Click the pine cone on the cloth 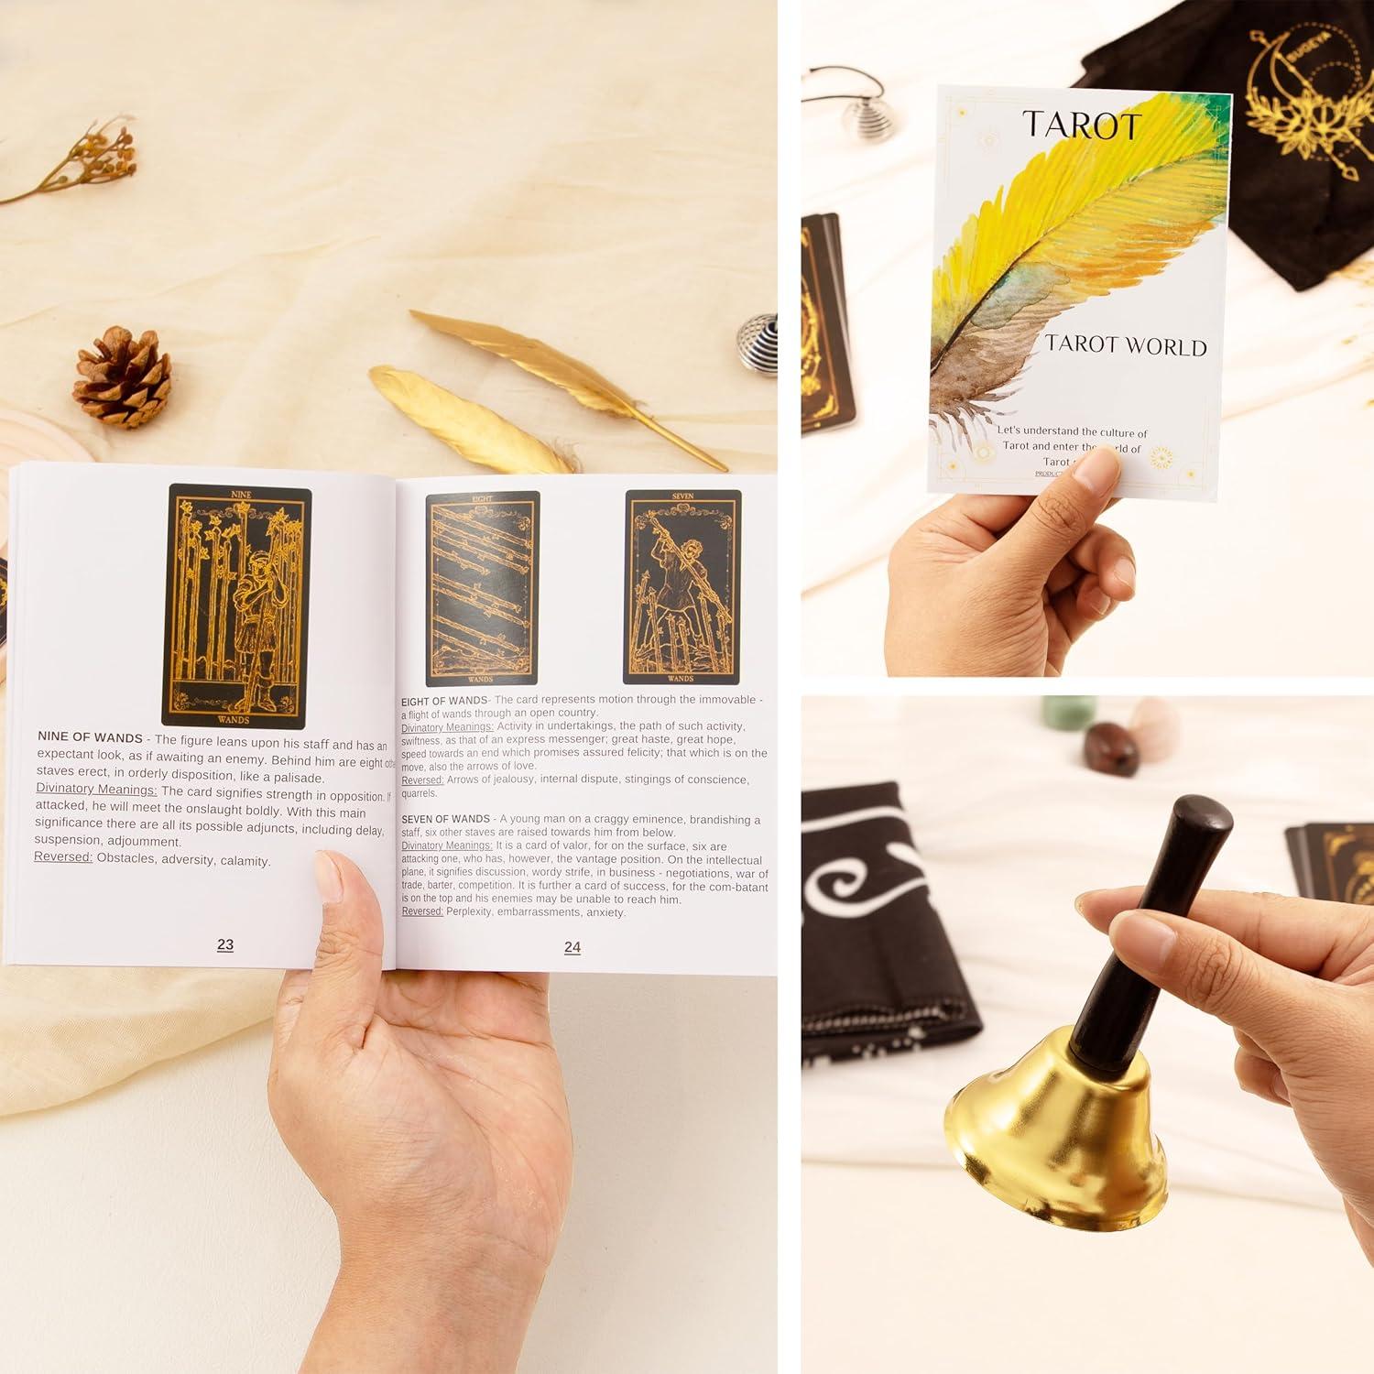pyautogui.click(x=122, y=377)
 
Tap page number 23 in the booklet pyautogui.click(x=225, y=944)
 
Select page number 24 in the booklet pyautogui.click(x=572, y=947)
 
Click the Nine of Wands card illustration pyautogui.click(x=237, y=606)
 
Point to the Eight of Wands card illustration pyautogui.click(x=482, y=588)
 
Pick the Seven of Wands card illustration pyautogui.click(x=682, y=587)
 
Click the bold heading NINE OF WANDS pyautogui.click(x=90, y=737)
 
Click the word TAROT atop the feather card pyautogui.click(x=1082, y=125)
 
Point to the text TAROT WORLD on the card pyautogui.click(x=1126, y=345)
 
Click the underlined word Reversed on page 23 pyautogui.click(x=63, y=857)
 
